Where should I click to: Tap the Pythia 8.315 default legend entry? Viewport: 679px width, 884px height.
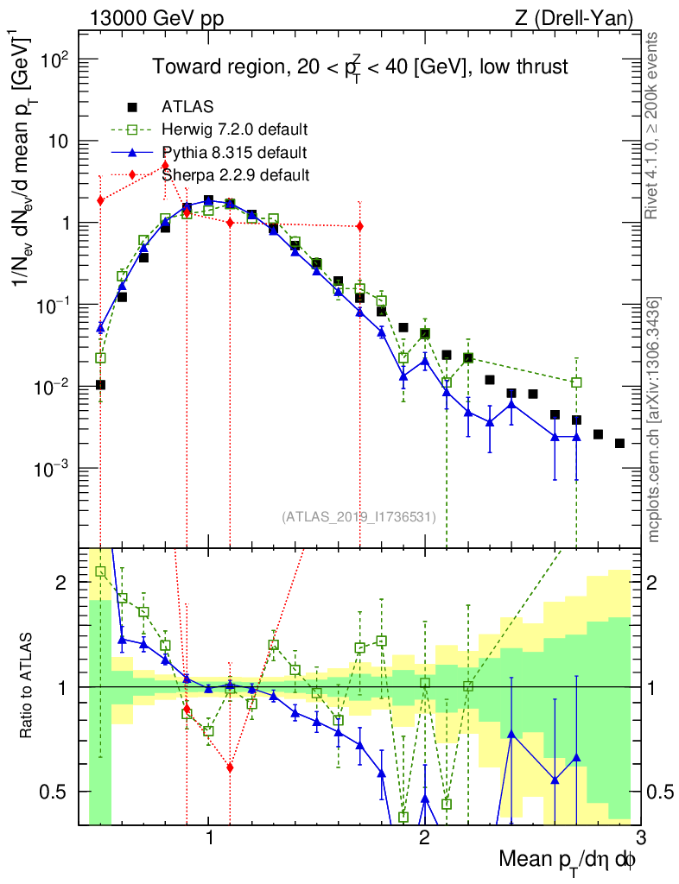[x=234, y=154]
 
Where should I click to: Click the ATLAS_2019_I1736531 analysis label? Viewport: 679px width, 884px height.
[x=359, y=517]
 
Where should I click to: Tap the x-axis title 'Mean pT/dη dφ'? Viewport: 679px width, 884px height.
[x=568, y=859]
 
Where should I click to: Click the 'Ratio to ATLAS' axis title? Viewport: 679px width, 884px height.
[x=29, y=686]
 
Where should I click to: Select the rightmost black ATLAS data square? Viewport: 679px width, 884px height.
[x=619, y=444]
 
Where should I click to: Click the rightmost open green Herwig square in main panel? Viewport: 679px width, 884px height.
[x=576, y=382]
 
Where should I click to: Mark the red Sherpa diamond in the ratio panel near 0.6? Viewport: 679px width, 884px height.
[x=230, y=767]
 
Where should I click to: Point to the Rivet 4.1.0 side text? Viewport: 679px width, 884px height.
[x=654, y=125]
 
